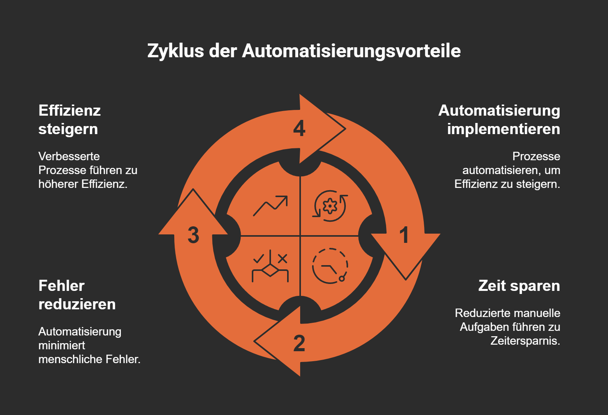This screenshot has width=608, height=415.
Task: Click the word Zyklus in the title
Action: point(175,51)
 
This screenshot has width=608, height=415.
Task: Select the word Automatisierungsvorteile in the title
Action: point(351,51)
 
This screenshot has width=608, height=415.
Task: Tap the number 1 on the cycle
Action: point(404,235)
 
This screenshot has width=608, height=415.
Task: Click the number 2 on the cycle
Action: point(299,343)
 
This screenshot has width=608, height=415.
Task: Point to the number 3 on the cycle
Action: point(193,235)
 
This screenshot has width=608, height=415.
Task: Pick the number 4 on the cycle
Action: point(299,128)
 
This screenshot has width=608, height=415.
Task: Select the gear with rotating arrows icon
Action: point(330,206)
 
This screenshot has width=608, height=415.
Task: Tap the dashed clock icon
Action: point(330,266)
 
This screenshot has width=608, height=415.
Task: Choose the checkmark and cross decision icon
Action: point(270,266)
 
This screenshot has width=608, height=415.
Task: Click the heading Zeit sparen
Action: point(519,286)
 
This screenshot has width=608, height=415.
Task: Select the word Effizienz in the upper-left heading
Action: point(69,111)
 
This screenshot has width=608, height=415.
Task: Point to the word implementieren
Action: point(503,129)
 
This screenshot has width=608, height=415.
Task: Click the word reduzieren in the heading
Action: point(77,304)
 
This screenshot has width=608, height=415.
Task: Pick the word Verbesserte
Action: point(69,156)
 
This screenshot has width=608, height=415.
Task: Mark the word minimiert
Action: point(62,345)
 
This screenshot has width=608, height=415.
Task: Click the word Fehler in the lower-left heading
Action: point(61,286)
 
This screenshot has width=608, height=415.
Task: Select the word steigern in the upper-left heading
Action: point(68,129)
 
